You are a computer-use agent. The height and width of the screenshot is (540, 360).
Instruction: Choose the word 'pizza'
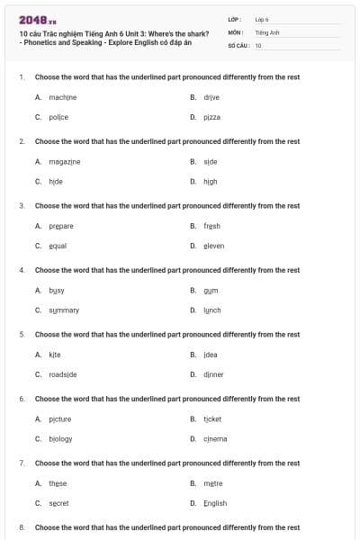click(x=211, y=117)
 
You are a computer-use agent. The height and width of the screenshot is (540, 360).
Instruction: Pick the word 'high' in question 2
click(x=211, y=181)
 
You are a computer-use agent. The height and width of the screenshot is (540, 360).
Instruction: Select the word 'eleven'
click(x=213, y=246)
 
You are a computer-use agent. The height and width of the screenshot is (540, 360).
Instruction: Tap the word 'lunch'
click(x=211, y=310)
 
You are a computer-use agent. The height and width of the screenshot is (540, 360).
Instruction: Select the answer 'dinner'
click(x=213, y=374)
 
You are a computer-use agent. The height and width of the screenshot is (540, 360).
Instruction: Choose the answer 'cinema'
click(x=215, y=438)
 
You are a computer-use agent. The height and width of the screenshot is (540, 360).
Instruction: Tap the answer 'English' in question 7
click(x=215, y=503)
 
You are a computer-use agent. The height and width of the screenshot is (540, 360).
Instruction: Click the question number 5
click(x=22, y=334)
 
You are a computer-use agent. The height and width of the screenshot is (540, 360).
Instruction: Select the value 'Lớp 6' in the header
click(x=262, y=19)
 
